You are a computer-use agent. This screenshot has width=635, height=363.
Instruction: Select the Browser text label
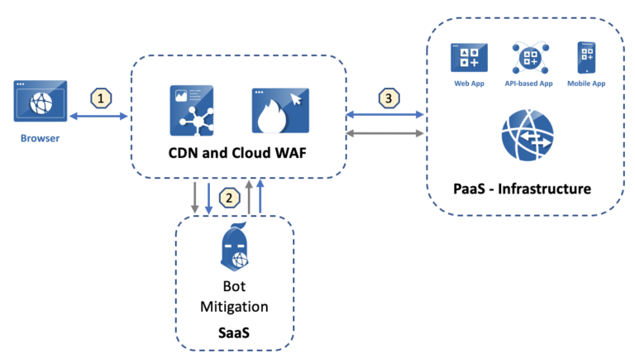click(40, 138)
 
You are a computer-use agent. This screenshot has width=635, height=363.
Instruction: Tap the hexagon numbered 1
click(100, 98)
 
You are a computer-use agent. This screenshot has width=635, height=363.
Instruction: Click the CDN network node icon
click(193, 110)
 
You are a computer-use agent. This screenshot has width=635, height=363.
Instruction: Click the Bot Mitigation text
click(236, 297)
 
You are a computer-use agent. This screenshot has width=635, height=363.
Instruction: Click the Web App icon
click(468, 58)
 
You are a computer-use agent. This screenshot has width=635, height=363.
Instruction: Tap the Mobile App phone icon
click(587, 58)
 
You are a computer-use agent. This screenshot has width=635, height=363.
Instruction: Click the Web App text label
click(468, 84)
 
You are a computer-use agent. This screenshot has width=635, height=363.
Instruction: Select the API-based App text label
click(528, 84)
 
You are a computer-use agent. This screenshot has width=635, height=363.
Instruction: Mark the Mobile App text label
click(587, 84)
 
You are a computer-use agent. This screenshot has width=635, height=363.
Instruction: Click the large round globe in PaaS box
click(526, 137)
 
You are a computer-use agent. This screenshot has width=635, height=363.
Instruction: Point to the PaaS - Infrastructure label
click(526, 189)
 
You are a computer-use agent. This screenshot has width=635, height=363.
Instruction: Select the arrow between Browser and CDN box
click(100, 117)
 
